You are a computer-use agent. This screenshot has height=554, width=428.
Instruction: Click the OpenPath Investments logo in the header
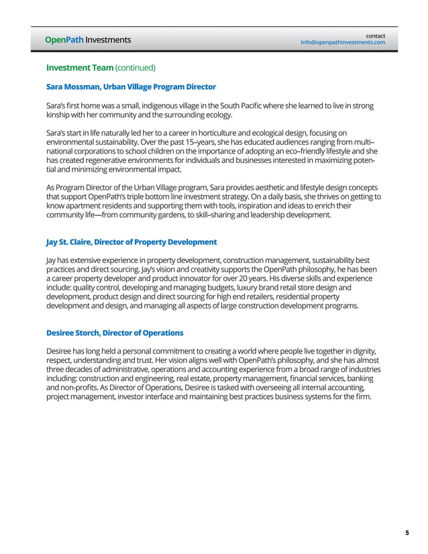(88, 40)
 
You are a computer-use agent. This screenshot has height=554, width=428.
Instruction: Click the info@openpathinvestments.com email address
(343, 42)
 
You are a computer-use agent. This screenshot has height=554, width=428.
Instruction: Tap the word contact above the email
(375, 35)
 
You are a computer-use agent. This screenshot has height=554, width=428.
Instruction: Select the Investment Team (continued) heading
(101, 68)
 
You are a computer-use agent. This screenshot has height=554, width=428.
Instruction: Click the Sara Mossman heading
(131, 87)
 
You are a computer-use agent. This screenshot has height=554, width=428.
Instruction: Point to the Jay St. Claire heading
(131, 241)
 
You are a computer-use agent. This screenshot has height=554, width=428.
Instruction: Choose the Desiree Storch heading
(114, 333)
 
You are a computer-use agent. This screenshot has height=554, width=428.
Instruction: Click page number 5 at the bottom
(407, 533)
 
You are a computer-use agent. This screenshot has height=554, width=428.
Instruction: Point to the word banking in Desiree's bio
(365, 378)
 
